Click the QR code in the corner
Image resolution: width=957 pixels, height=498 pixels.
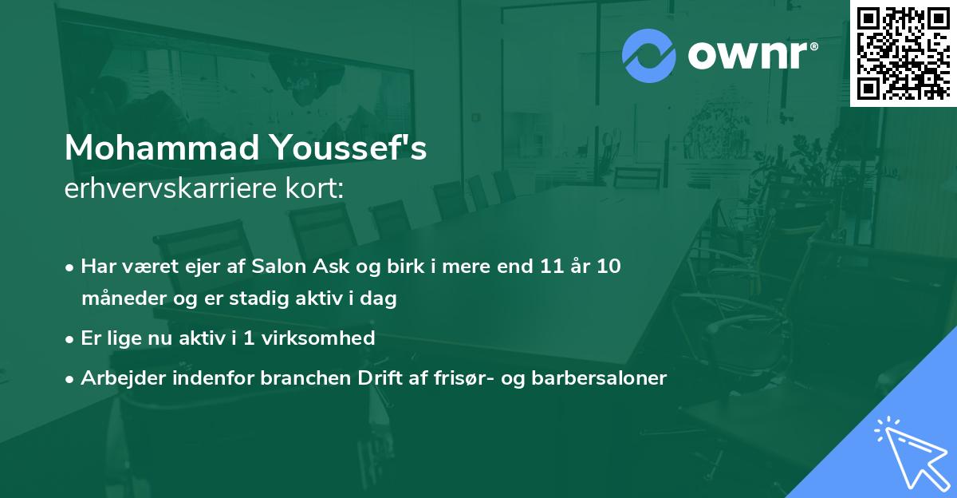coord(904,53)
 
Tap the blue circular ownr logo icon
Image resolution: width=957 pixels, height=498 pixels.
coord(649,56)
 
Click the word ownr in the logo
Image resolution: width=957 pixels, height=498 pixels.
coord(750,56)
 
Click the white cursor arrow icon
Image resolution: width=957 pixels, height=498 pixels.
coord(910,452)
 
